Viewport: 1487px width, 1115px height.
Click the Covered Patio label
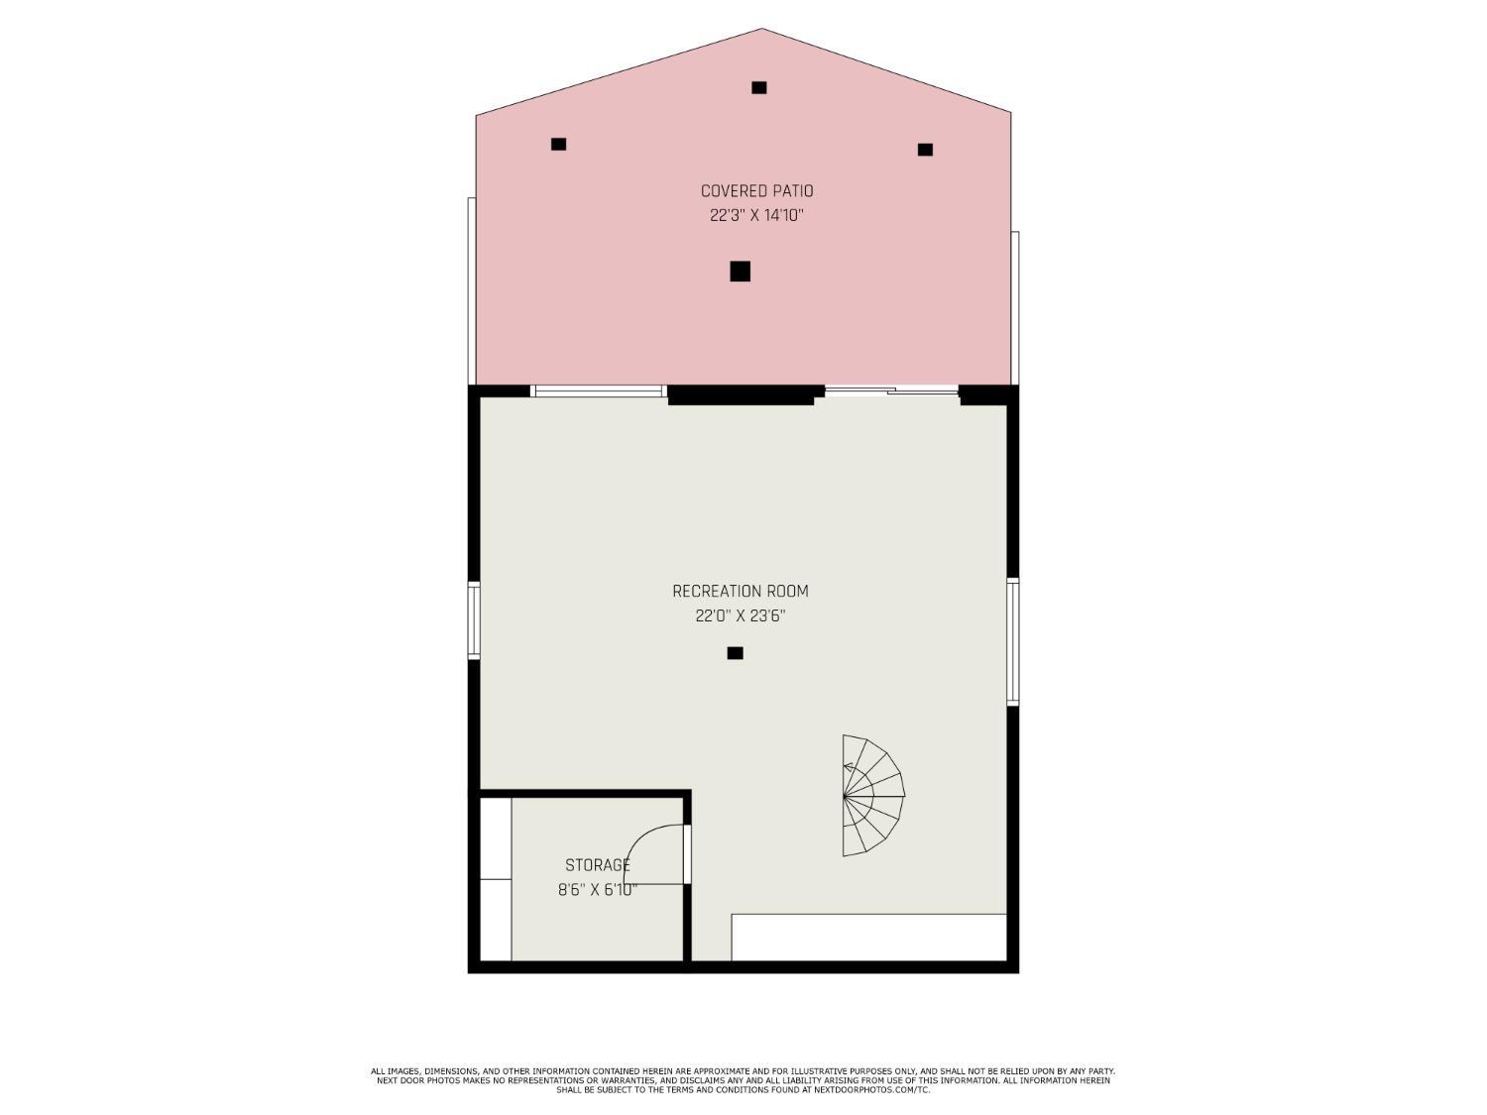click(x=756, y=191)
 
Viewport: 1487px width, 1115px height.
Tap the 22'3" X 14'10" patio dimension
click(x=755, y=215)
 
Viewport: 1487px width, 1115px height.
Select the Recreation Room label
click(x=741, y=592)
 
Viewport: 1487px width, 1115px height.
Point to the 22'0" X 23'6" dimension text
click(x=741, y=615)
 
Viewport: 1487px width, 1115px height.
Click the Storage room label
click(x=598, y=865)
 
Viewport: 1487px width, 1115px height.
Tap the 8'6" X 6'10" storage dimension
click(x=597, y=890)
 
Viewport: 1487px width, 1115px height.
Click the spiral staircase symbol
click(x=870, y=795)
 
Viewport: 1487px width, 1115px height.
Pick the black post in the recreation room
click(x=735, y=653)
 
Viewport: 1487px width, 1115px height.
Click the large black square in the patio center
click(x=740, y=271)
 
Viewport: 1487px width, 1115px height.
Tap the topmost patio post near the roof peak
click(x=758, y=87)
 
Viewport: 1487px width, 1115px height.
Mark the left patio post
click(x=558, y=144)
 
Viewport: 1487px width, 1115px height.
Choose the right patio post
click(x=925, y=150)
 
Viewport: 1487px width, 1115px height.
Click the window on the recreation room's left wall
click(x=474, y=620)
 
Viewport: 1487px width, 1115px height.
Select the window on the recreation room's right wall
click(x=1013, y=641)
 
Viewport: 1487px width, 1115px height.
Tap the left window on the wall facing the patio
click(x=598, y=390)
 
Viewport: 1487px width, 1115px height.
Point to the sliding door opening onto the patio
click(x=891, y=390)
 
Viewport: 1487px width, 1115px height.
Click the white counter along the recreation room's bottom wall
click(x=868, y=938)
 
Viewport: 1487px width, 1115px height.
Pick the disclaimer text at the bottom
click(x=743, y=1080)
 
